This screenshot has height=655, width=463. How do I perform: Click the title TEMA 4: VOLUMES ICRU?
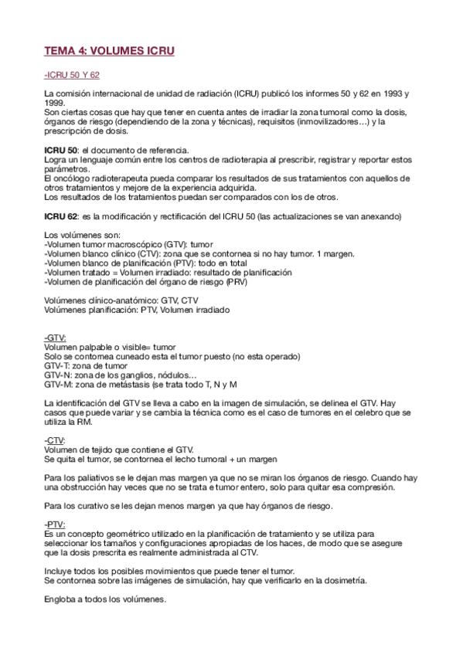(x=110, y=53)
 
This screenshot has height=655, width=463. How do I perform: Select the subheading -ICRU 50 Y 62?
(x=72, y=76)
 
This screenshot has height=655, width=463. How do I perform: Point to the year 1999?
(x=54, y=103)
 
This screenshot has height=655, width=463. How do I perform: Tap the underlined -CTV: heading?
(x=55, y=439)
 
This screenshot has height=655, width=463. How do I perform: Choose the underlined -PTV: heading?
(x=55, y=524)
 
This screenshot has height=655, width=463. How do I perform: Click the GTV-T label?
(x=58, y=365)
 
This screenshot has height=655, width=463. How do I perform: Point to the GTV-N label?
(x=58, y=375)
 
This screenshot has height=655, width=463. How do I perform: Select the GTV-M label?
(x=58, y=384)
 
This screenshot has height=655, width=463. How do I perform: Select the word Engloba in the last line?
(x=61, y=599)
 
